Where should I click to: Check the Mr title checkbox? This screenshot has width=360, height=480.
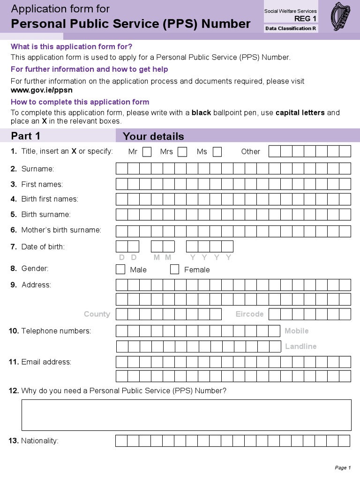[147, 152]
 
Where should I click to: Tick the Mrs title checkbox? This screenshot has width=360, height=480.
[182, 152]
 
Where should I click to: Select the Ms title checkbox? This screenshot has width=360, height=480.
[217, 152]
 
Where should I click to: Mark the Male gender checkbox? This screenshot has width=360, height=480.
[120, 270]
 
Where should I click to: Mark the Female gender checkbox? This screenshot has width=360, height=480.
[174, 270]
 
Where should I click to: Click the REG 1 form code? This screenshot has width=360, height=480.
[305, 19]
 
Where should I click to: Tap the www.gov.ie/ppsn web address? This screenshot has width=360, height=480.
[42, 90]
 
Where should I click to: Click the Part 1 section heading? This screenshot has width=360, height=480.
[26, 136]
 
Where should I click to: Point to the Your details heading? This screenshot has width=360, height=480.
[153, 136]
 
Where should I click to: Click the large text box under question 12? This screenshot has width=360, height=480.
[186, 415]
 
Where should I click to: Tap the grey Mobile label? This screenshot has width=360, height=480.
[296, 331]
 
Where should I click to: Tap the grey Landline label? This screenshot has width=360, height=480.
[300, 346]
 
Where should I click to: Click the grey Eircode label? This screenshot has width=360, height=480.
[249, 314]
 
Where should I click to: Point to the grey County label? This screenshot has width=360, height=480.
[97, 314]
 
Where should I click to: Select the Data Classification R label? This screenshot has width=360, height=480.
[291, 29]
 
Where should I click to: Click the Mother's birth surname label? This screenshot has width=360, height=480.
[61, 230]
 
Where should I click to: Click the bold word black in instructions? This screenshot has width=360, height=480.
[202, 113]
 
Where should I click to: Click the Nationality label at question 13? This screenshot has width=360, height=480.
[39, 441]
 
